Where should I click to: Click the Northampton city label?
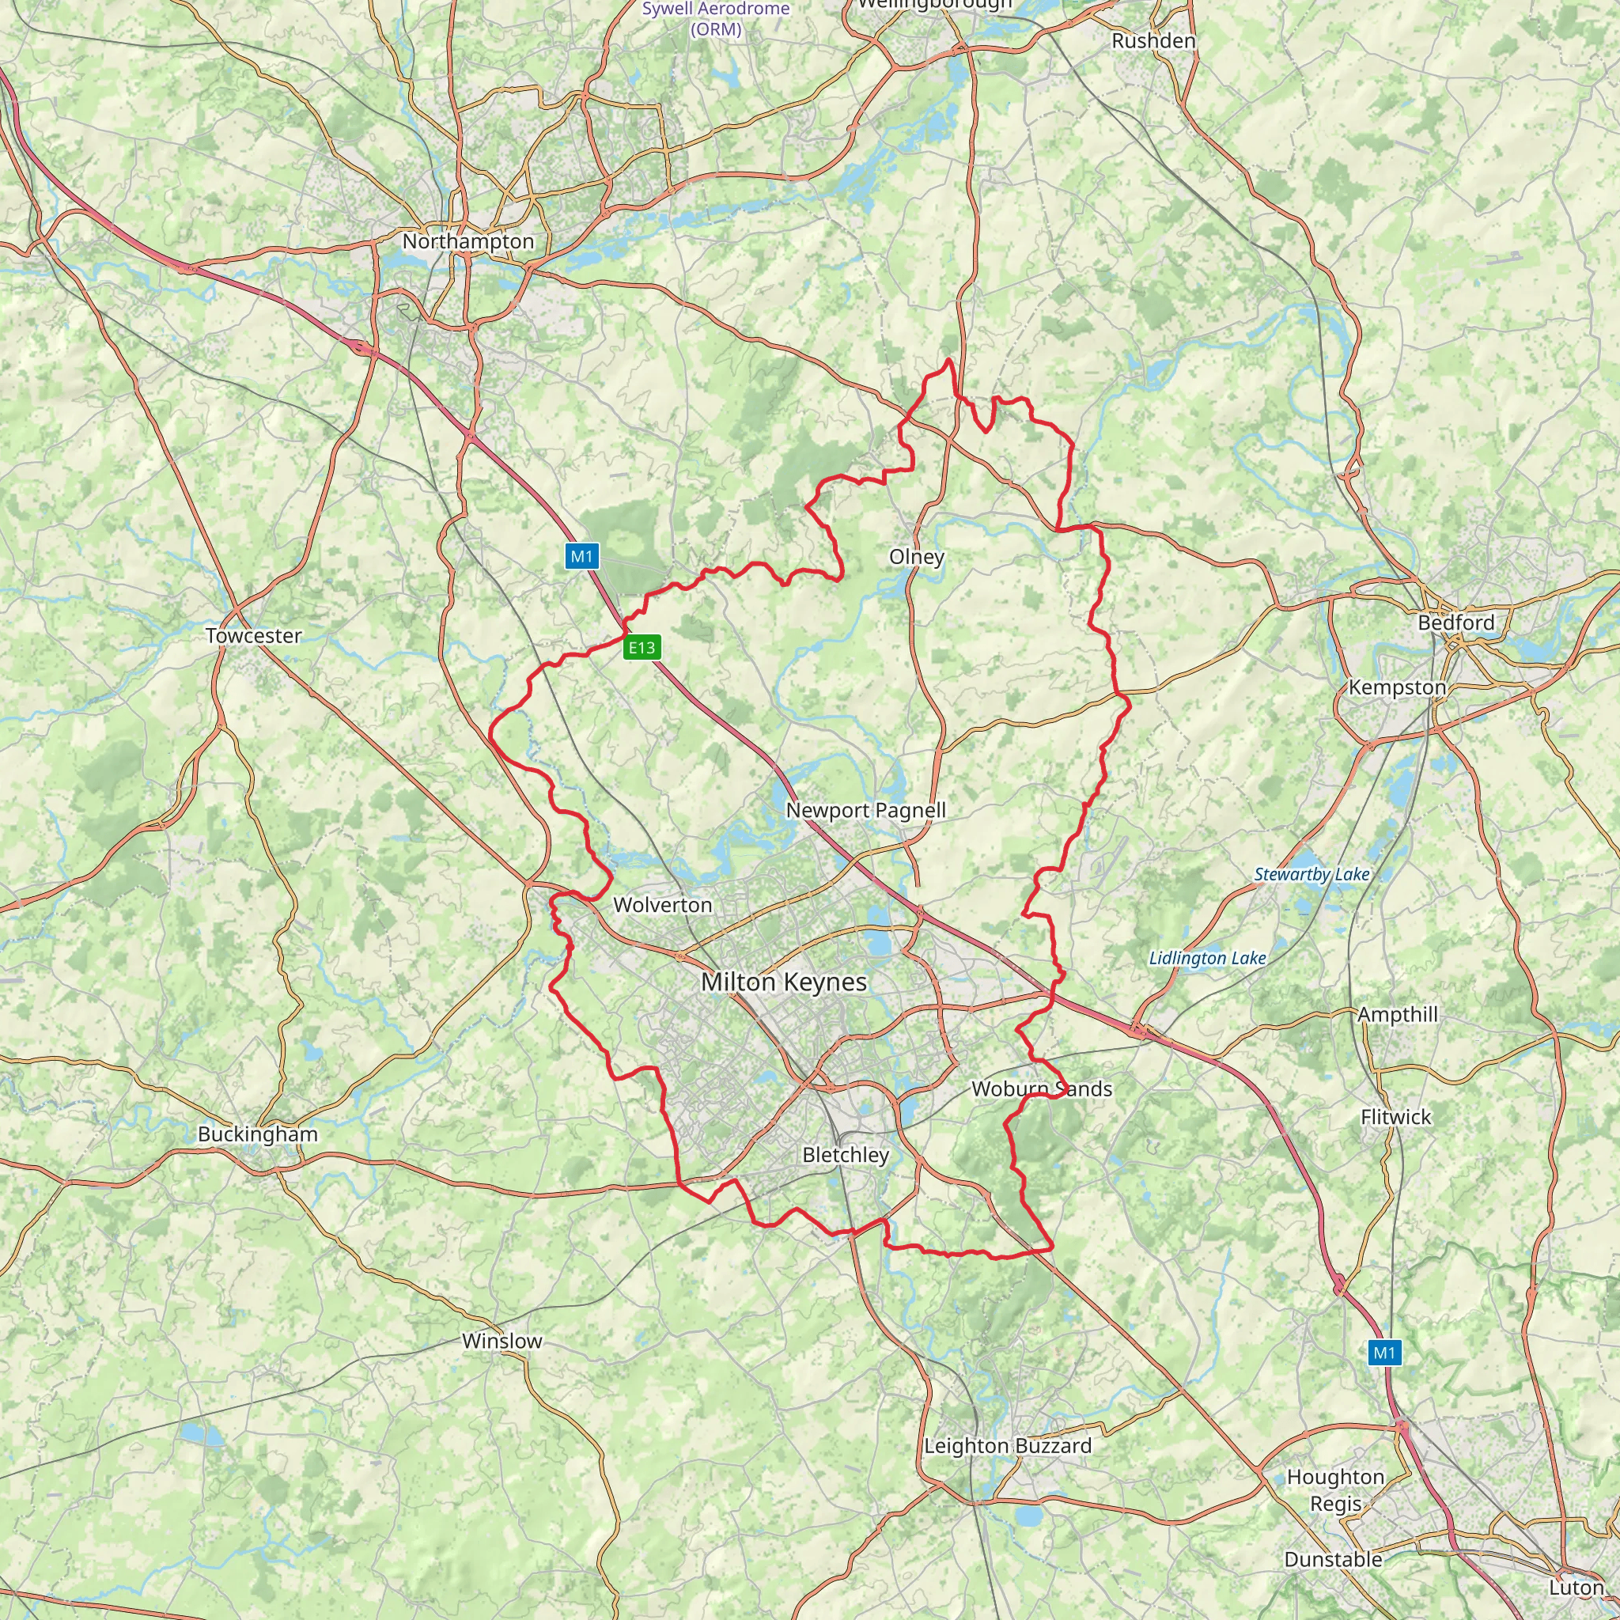468,241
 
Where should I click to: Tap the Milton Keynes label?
784,982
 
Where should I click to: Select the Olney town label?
917,557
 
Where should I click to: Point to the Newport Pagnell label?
865,810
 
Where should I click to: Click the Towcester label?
253,636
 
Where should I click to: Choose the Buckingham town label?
257,1134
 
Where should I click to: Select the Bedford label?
1455,623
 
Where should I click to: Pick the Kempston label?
1397,687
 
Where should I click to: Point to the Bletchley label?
846,1155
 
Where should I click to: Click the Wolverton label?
662,905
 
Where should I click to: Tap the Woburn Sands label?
1042,1088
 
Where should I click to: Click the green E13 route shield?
642,647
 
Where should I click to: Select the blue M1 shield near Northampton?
582,556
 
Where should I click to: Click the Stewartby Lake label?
1312,875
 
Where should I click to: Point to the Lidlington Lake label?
1206,958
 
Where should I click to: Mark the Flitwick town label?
1396,1116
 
